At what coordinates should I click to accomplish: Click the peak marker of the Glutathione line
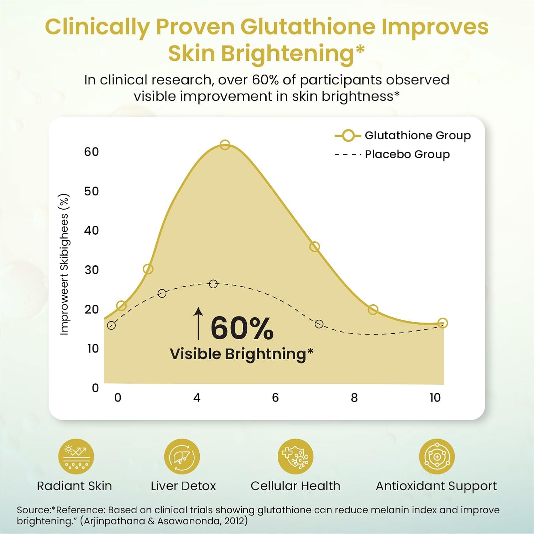click(x=225, y=145)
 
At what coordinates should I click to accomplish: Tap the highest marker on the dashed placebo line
click(x=213, y=284)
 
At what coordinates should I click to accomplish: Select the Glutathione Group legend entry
click(x=402, y=136)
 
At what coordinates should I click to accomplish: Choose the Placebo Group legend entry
click(x=392, y=155)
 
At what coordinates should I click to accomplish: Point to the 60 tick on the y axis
click(x=91, y=152)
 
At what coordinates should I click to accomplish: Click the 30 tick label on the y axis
click(x=91, y=270)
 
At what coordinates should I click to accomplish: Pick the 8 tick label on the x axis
click(x=354, y=398)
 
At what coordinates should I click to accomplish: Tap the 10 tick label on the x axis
click(x=435, y=398)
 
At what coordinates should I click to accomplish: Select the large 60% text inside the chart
click(x=242, y=328)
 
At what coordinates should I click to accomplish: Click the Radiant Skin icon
click(x=76, y=456)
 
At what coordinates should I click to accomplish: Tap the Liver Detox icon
click(x=182, y=456)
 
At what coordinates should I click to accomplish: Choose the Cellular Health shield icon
click(x=295, y=456)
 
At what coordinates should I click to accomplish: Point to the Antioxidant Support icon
click(x=437, y=456)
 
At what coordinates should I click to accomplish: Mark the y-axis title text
click(x=64, y=264)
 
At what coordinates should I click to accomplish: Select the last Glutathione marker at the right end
click(x=443, y=323)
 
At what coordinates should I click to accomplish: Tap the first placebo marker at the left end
click(x=111, y=325)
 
